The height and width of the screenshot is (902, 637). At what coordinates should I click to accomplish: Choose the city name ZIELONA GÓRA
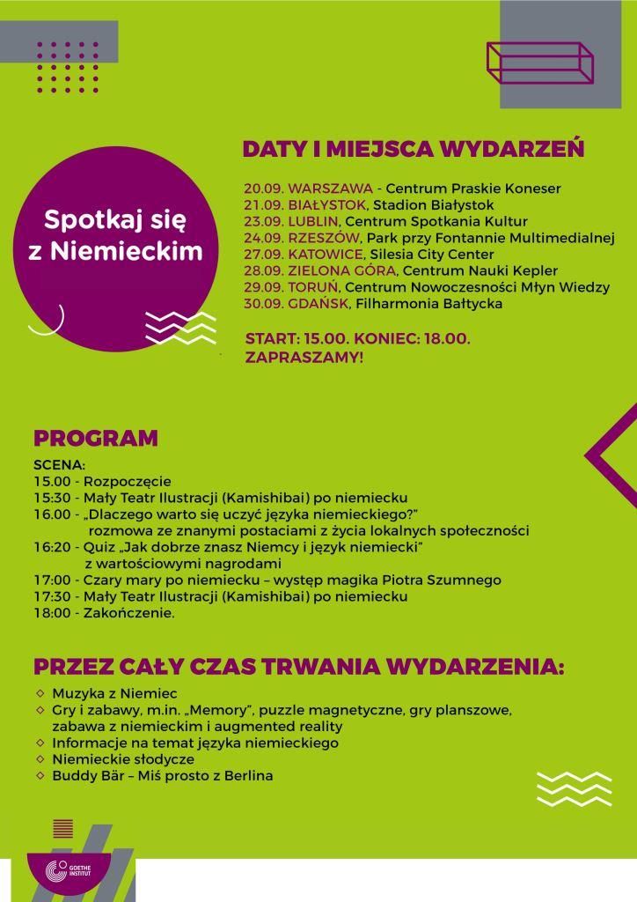point(341,270)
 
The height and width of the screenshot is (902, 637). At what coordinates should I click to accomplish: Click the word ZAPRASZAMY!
point(304,359)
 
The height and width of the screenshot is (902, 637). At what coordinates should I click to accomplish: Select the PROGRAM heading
point(96,439)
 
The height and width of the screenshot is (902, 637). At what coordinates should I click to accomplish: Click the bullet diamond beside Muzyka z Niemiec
point(40,693)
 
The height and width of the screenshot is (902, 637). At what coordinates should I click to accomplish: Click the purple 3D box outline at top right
point(539,63)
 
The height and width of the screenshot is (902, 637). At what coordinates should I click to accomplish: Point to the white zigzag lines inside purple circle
point(180,328)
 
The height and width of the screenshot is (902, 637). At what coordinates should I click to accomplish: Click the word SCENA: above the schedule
point(59,464)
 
